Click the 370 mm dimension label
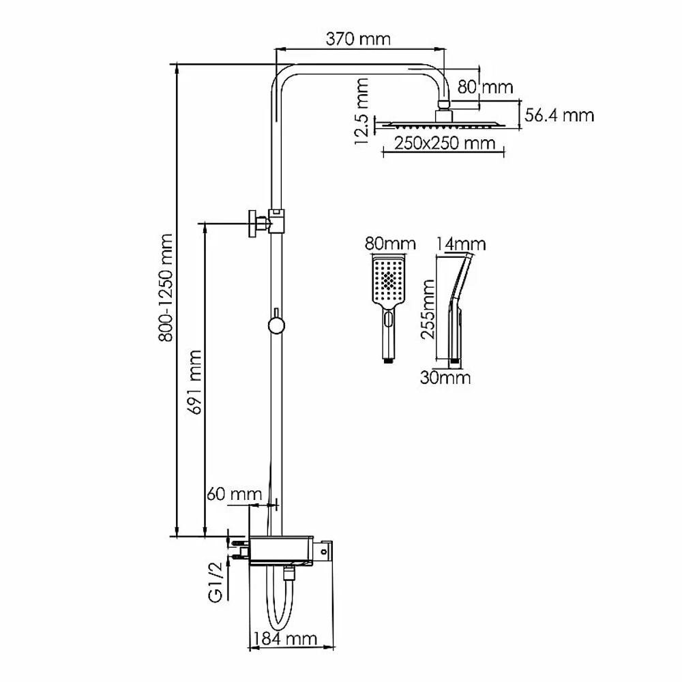358,39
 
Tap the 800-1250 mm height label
166,288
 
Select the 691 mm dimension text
194,382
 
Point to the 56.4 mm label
559,115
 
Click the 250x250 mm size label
445,143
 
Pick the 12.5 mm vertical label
361,111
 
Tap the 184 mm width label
285,639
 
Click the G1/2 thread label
216,582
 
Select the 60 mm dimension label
234,494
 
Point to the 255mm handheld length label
428,309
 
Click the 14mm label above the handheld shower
460,244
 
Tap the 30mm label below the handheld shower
445,378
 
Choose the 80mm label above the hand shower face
390,243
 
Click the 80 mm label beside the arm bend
485,87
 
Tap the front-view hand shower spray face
389,280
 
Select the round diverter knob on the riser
276,325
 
